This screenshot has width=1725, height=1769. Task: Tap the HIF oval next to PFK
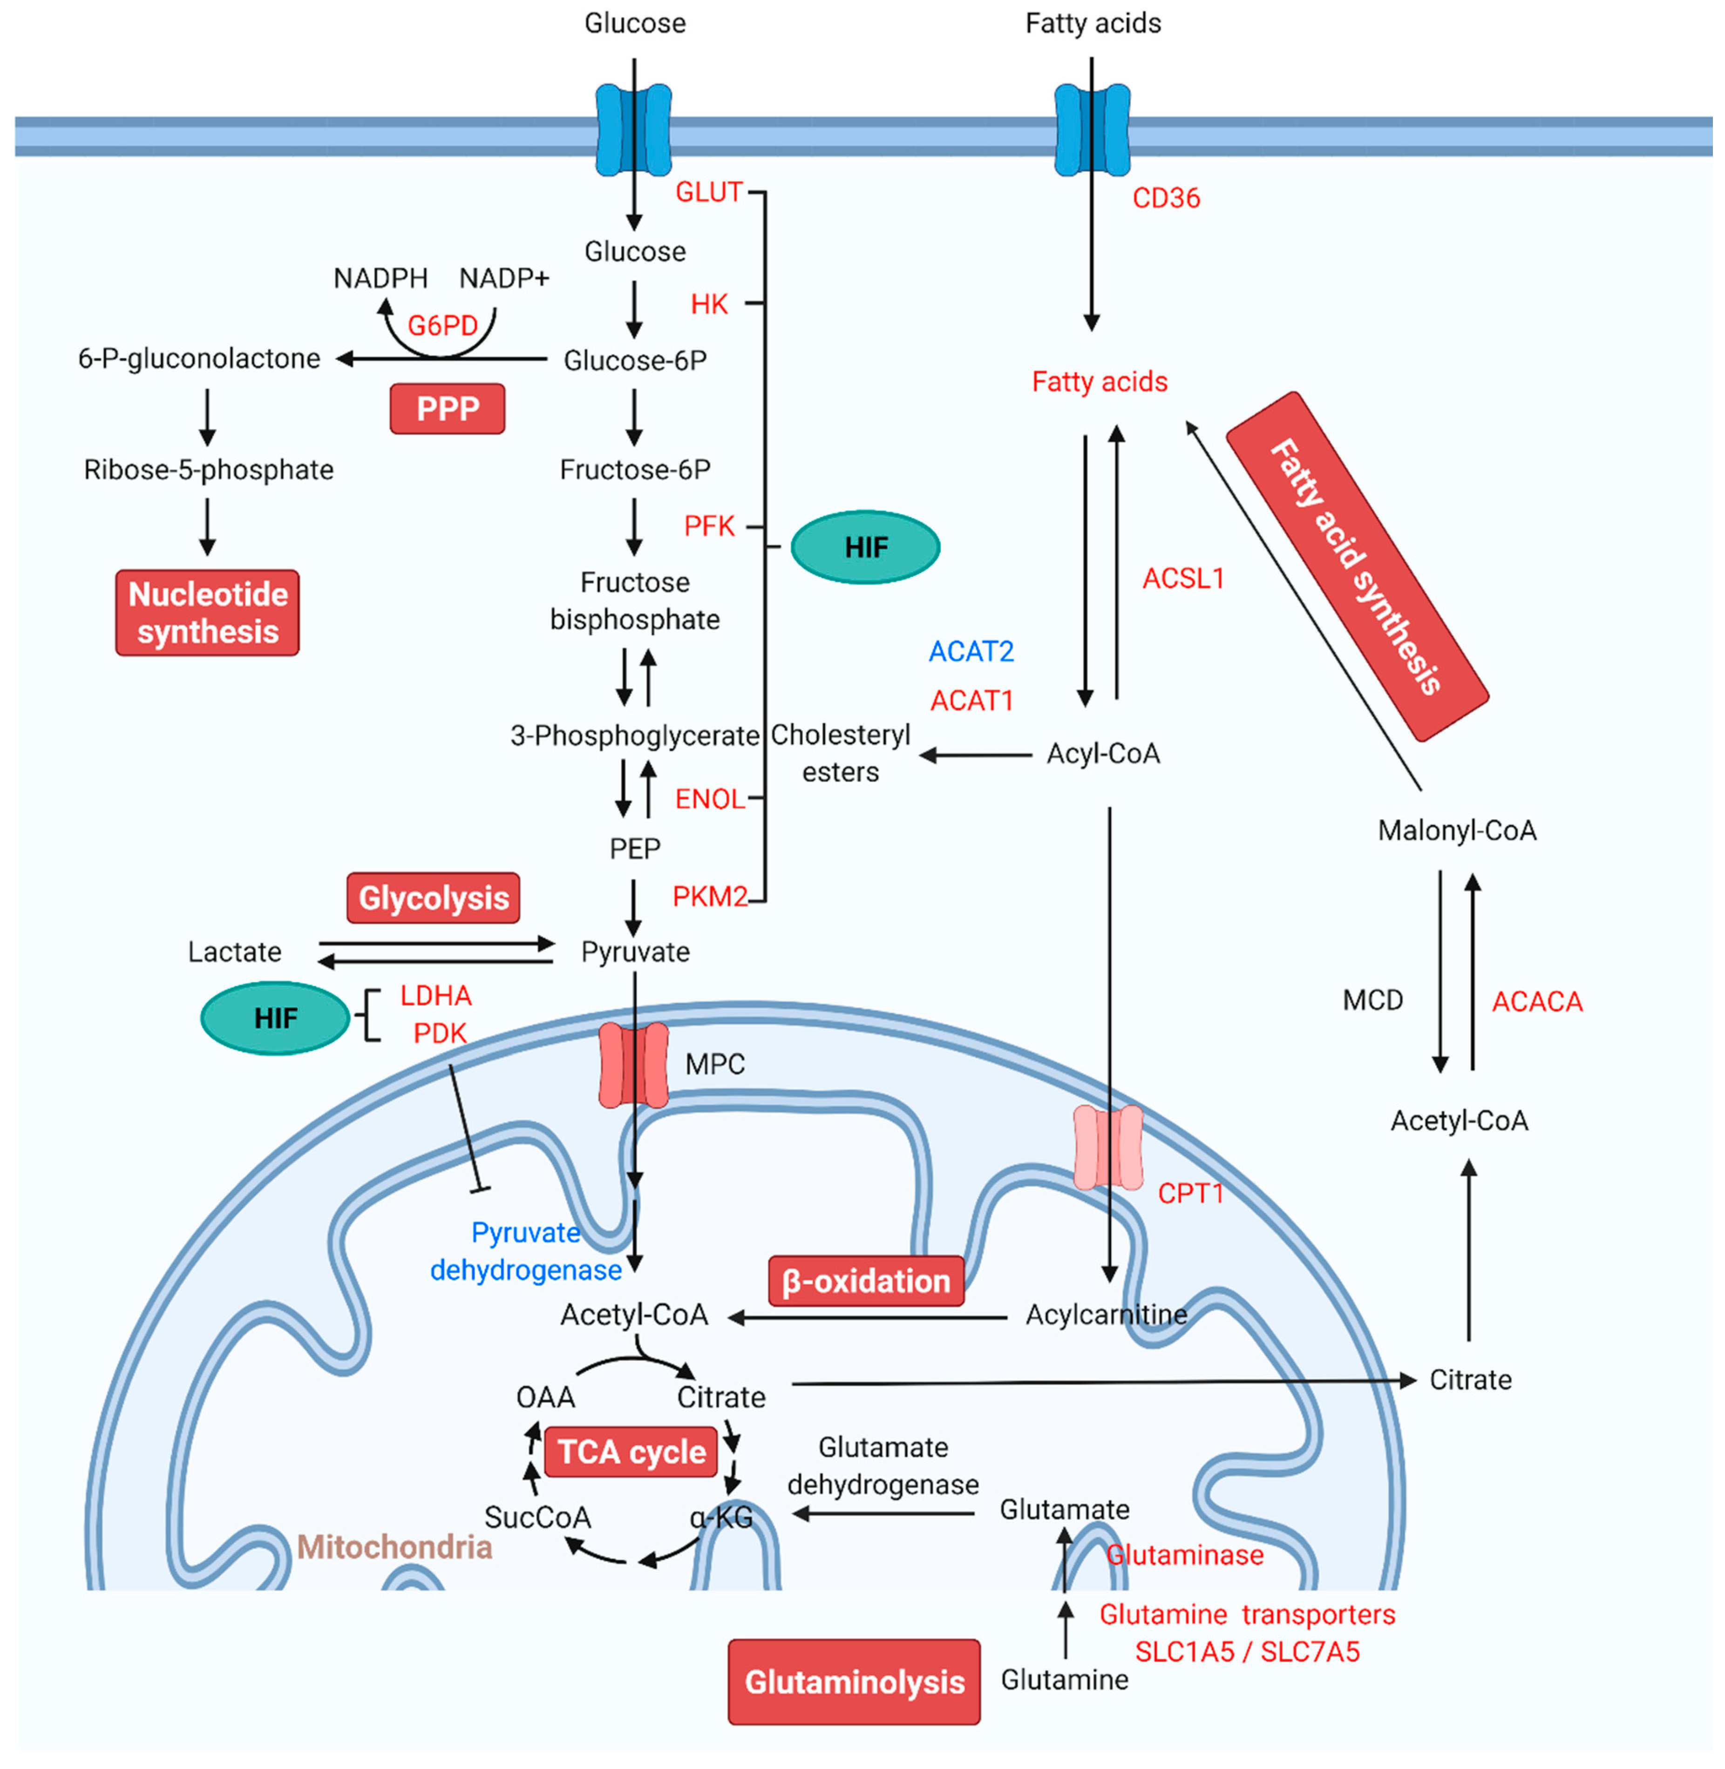coord(865,547)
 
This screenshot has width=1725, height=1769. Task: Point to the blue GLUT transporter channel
coord(633,129)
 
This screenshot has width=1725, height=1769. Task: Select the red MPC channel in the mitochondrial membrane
coord(633,1065)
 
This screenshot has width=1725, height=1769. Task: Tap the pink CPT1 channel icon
coord(1107,1147)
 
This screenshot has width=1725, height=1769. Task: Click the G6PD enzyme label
coord(442,325)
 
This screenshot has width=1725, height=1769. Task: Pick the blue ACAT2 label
coord(971,651)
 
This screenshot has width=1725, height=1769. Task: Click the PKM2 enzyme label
coord(709,897)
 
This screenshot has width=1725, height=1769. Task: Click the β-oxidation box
coord(865,1281)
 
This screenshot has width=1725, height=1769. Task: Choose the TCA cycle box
coord(632,1452)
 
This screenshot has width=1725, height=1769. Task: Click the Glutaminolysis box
coord(854,1682)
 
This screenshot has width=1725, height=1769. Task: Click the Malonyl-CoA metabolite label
coord(1457,830)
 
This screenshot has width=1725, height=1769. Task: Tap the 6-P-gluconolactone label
coord(199,359)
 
